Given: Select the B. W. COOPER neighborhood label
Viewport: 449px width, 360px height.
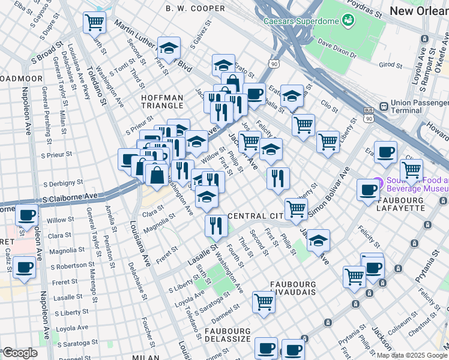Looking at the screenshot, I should click(196, 8).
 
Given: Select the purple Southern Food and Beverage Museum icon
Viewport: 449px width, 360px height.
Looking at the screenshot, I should click(378, 182).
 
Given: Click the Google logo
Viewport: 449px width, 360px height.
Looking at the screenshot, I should click(19, 353).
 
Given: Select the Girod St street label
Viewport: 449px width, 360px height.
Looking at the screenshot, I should click(390, 64).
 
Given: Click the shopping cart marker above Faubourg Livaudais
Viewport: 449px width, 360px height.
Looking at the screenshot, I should click(264, 302).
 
